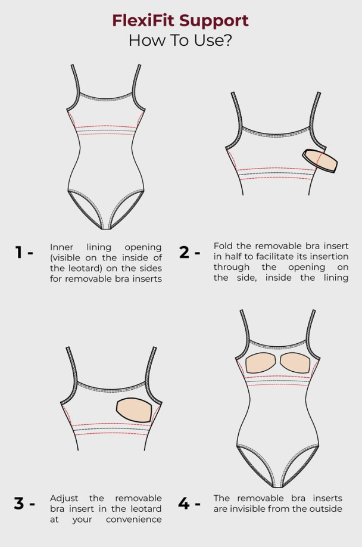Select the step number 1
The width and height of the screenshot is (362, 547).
click(19, 252)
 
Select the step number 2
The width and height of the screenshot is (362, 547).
click(185, 252)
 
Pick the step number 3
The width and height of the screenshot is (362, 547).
click(19, 504)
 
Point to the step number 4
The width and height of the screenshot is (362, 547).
click(183, 504)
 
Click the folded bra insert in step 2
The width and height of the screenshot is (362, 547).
click(320, 160)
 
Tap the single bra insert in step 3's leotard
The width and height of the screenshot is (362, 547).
click(134, 409)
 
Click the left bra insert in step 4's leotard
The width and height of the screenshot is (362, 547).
click(260, 363)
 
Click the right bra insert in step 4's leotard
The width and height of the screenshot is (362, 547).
click(295, 363)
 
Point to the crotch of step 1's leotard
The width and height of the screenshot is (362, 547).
click(106, 227)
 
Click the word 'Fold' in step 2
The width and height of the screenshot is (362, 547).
click(223, 246)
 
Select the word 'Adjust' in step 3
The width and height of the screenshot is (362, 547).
click(64, 499)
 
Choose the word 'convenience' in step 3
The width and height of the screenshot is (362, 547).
click(134, 520)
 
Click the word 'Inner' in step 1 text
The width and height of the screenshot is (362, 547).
click(61, 247)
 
